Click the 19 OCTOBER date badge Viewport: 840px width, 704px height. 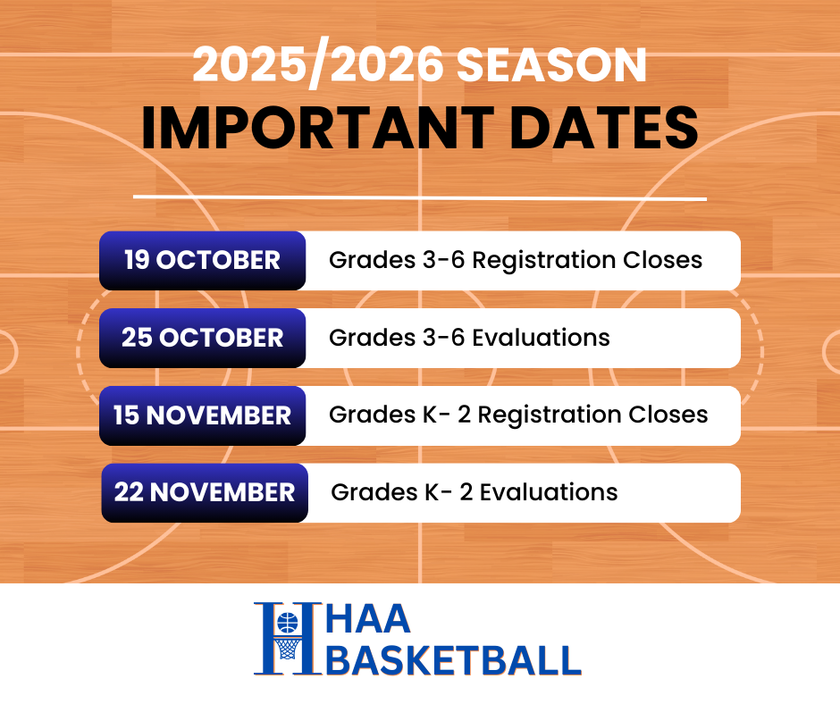point(202,261)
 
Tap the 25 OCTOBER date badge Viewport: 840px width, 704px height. point(202,338)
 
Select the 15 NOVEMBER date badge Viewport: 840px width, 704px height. point(202,415)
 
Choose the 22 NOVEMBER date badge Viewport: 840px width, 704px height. point(204,492)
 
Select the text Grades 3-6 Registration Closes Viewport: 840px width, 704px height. point(516,261)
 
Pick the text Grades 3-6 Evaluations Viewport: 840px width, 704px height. point(469,338)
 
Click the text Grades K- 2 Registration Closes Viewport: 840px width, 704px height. point(518,415)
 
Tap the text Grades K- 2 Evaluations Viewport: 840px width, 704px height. point(474,492)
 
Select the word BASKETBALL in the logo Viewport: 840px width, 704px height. point(455,660)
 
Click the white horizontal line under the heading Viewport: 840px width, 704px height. point(420,197)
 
